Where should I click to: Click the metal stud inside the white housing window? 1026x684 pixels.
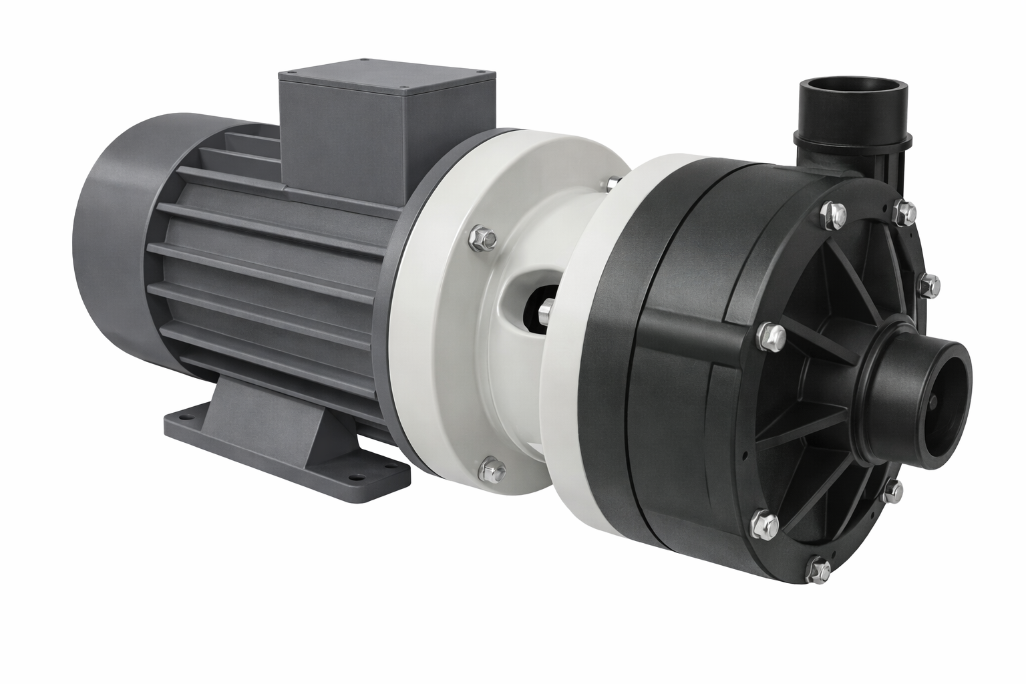click(544, 310)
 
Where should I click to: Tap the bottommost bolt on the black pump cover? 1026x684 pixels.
click(818, 570)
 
